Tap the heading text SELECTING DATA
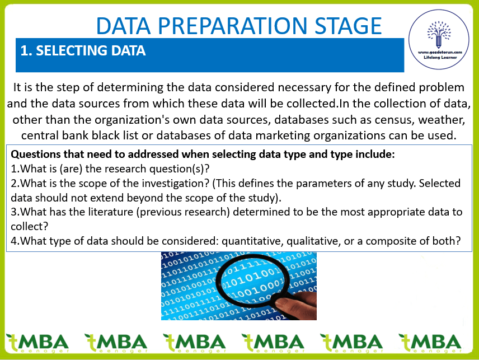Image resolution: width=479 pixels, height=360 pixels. tap(91, 51)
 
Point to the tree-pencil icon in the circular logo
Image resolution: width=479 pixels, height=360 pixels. tap(439, 34)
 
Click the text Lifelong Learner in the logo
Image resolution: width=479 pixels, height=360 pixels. tap(440, 57)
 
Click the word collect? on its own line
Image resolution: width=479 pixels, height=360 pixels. tap(30, 226)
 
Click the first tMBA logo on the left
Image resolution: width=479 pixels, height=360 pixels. tap(37, 343)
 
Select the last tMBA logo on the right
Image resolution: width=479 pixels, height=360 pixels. tap(430, 343)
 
